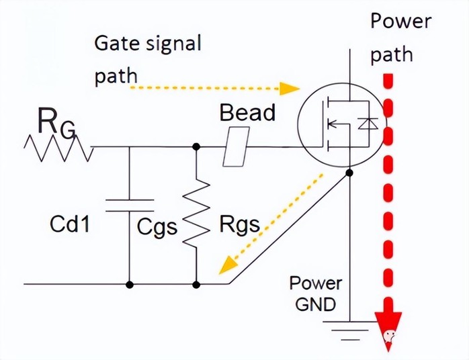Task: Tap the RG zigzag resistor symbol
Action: tap(58, 148)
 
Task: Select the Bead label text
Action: tap(247, 113)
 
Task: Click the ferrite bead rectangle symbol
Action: tap(236, 146)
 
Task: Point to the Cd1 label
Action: tap(70, 224)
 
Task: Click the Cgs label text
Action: tap(157, 227)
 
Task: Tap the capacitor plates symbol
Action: tap(130, 206)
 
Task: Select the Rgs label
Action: tap(240, 224)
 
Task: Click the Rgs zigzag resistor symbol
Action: tap(196, 213)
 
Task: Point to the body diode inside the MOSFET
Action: tap(368, 123)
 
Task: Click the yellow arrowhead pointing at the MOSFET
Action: tap(289, 89)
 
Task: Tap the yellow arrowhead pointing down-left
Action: tap(227, 265)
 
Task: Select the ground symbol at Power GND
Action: tap(350, 330)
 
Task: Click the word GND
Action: tap(316, 305)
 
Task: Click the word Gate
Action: tap(118, 43)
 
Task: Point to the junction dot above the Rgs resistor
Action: tap(196, 146)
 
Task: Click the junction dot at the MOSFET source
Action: tap(349, 173)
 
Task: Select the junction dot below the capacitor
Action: tap(130, 285)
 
